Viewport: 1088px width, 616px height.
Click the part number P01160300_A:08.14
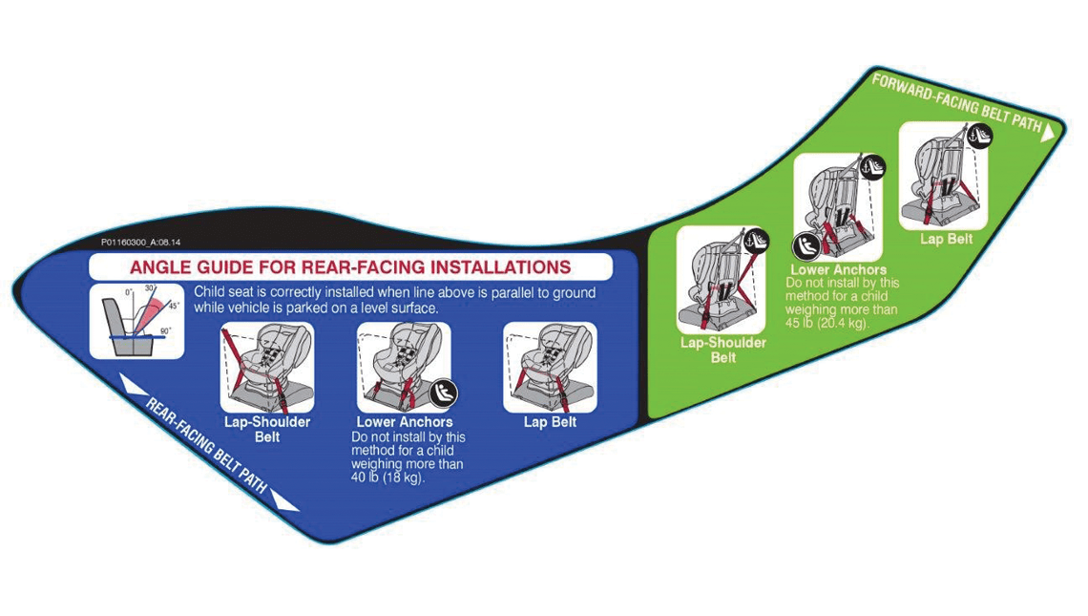[x=140, y=243]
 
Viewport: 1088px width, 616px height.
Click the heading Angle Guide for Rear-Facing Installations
[x=350, y=266]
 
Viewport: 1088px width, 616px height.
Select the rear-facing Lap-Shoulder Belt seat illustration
[x=267, y=367]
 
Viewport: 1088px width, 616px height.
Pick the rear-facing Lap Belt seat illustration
[x=550, y=367]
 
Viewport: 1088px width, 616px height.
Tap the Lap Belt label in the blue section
[x=550, y=421]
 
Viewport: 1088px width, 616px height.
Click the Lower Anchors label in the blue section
[x=405, y=421]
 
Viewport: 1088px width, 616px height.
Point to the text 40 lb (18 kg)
[x=388, y=478]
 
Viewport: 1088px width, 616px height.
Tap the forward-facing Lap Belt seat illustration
[x=943, y=176]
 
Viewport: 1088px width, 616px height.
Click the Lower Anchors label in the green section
[x=838, y=270]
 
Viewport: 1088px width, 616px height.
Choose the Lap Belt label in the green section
[x=946, y=239]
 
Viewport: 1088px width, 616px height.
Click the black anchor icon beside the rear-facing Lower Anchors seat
[x=444, y=392]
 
